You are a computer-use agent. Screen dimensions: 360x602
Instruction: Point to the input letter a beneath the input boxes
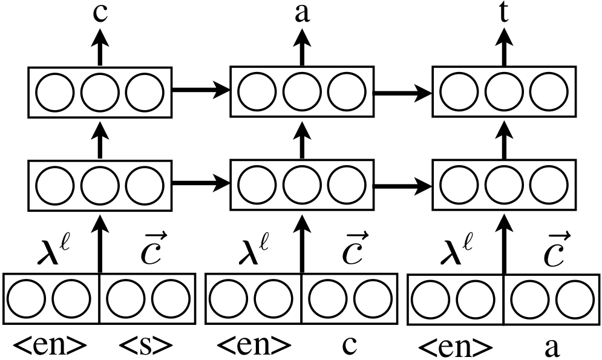pyautogui.click(x=551, y=347)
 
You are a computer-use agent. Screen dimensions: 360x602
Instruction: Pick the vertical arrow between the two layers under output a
pyautogui.click(x=301, y=139)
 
